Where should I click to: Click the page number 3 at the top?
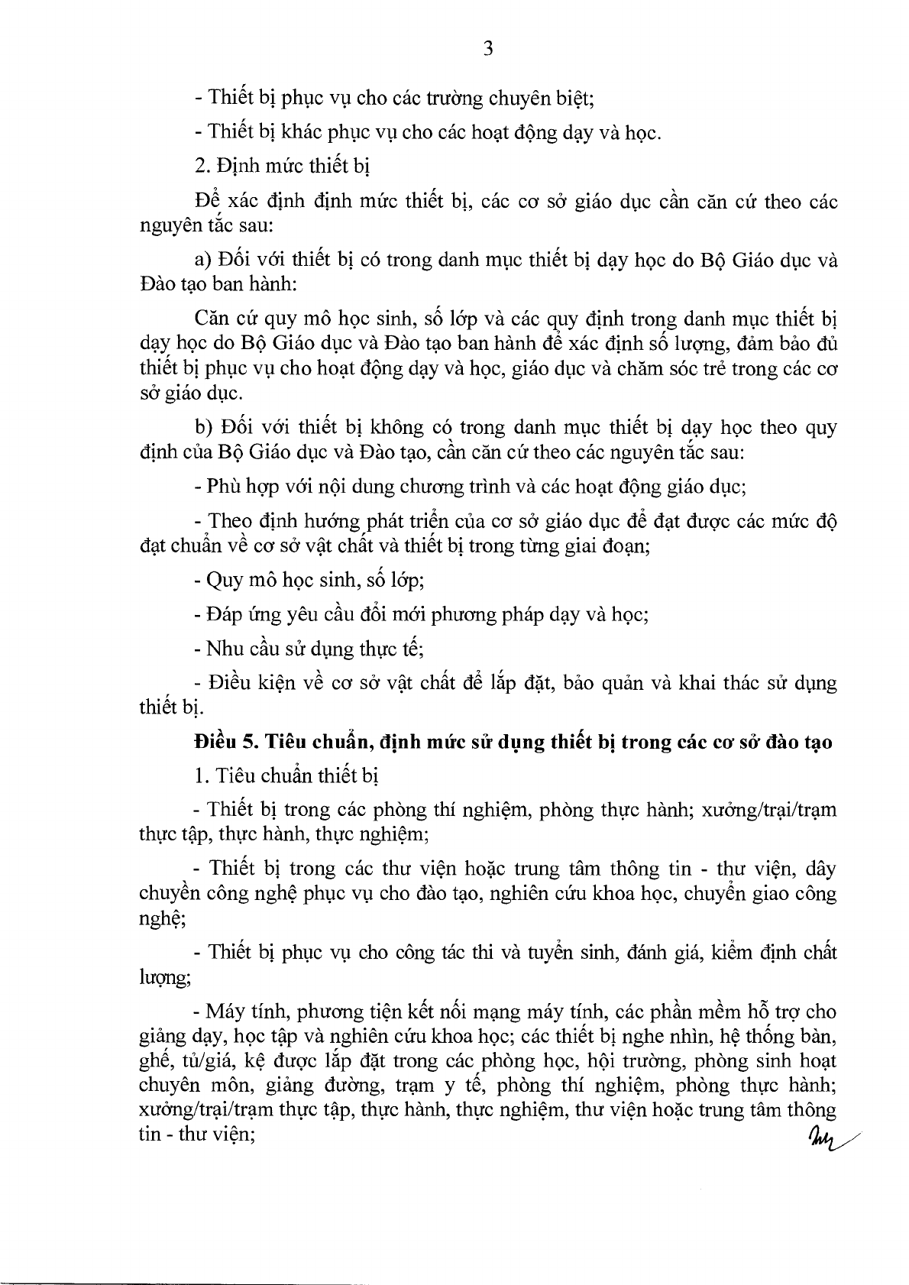click(488, 50)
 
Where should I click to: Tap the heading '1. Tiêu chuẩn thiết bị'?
click(286, 775)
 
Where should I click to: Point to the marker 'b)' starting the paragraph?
click(203, 426)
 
